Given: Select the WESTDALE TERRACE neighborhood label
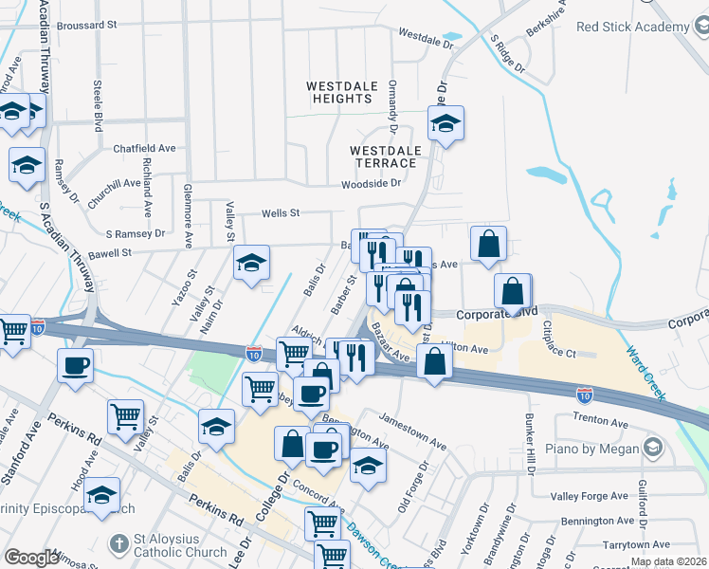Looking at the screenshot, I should (385, 156).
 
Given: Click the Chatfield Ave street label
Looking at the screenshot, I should (145, 149).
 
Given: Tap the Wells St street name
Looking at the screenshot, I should (282, 213).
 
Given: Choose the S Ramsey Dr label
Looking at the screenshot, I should (135, 232).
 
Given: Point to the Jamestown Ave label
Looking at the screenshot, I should (412, 430).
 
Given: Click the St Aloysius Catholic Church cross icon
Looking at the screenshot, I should (118, 544).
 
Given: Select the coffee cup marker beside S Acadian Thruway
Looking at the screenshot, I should (75, 365).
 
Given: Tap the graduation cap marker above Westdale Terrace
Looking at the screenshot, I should (445, 123).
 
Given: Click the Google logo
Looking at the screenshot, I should (31, 558).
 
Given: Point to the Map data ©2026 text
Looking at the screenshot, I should (668, 561).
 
